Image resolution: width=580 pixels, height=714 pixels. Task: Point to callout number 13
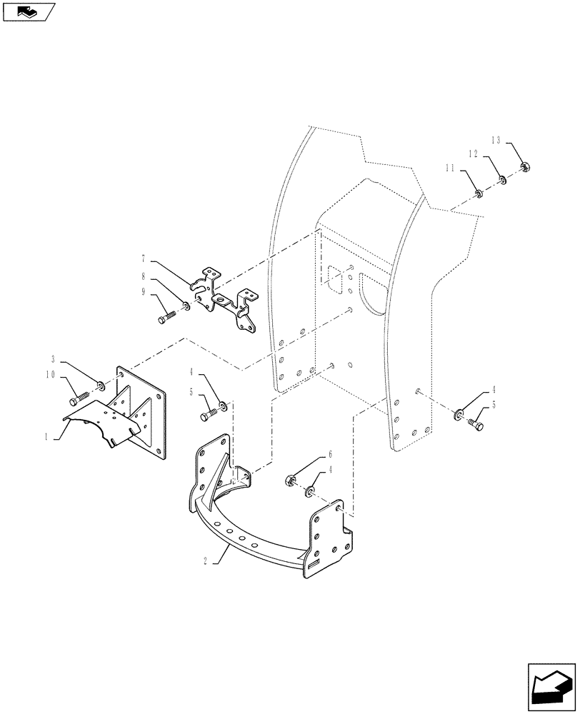coord(496,139)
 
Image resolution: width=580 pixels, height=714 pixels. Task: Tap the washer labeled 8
coord(186,306)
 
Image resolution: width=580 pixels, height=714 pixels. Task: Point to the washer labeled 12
coord(502,179)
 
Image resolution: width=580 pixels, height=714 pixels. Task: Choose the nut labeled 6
coord(291,479)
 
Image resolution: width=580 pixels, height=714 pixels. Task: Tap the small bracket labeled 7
coord(225,300)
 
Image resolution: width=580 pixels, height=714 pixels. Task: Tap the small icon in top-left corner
coord(28,11)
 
